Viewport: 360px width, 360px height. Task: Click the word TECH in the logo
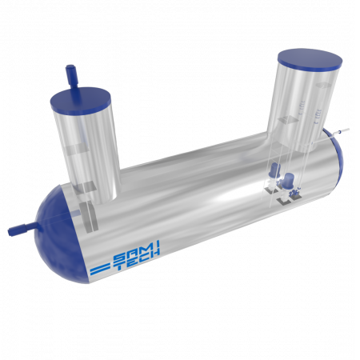pos(138,261)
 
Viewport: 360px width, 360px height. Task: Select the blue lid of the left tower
pos(81,100)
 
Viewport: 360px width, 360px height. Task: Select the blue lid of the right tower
pos(310,61)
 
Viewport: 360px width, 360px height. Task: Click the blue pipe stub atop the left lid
pos(72,76)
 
